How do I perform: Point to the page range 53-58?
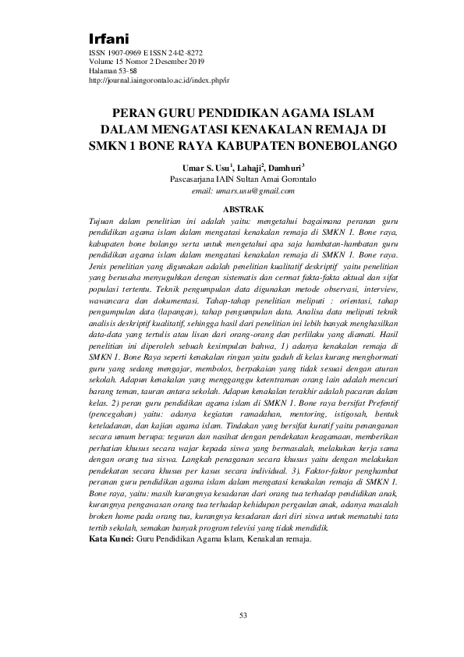point(129,72)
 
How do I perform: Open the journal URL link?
point(159,80)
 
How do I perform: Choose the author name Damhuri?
point(285,167)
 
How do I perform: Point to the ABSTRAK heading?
point(243,209)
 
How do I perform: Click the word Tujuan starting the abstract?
point(104,222)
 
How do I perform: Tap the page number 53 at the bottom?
point(243,616)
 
